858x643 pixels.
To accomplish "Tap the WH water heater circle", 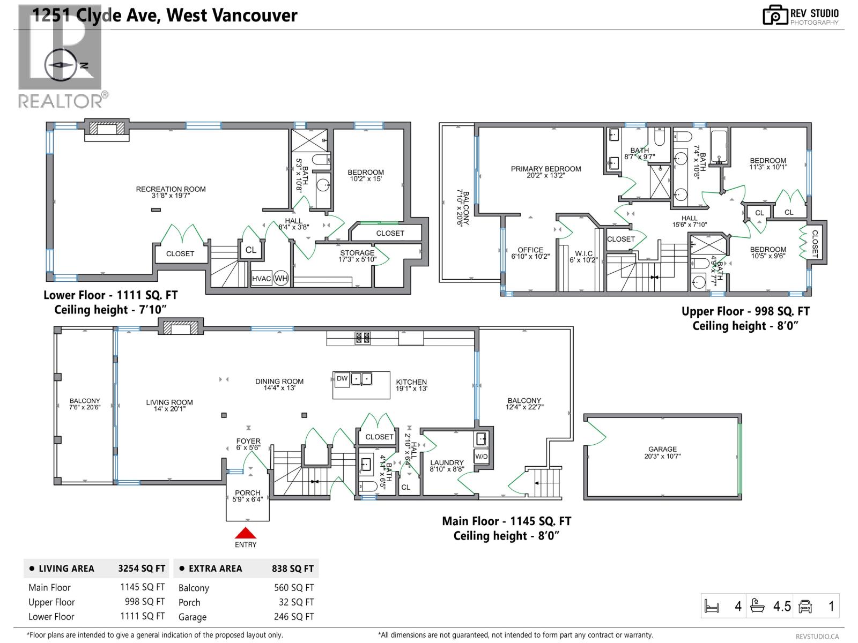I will pyautogui.click(x=281, y=279).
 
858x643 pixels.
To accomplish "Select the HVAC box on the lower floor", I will pyautogui.click(x=262, y=279).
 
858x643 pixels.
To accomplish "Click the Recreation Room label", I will pyautogui.click(x=171, y=189).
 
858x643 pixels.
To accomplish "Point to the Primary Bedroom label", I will pyautogui.click(x=546, y=169).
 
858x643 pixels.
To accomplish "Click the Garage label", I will pyautogui.click(x=662, y=449).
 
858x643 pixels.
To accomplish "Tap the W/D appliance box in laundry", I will pyautogui.click(x=481, y=457).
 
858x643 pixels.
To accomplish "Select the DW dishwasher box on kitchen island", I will pyautogui.click(x=342, y=379).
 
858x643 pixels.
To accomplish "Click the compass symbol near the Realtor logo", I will pyautogui.click(x=60, y=65).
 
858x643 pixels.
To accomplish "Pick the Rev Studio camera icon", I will pyautogui.click(x=774, y=15).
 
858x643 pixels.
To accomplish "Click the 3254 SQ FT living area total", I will pyautogui.click(x=142, y=569).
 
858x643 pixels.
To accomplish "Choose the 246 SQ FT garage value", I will pyautogui.click(x=293, y=617).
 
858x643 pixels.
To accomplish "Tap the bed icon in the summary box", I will pyautogui.click(x=712, y=607).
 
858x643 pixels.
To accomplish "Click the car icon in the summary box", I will pyautogui.click(x=805, y=607).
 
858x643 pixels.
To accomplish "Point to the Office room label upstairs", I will pyautogui.click(x=530, y=250).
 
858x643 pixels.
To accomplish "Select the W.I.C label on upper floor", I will pyautogui.click(x=583, y=253).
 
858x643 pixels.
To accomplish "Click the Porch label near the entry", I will pyautogui.click(x=247, y=492).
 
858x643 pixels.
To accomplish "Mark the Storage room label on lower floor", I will pyautogui.click(x=357, y=253).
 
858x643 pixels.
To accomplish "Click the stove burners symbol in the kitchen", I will pyautogui.click(x=363, y=338).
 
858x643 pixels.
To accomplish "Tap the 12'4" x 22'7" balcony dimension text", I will pyautogui.click(x=524, y=407).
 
